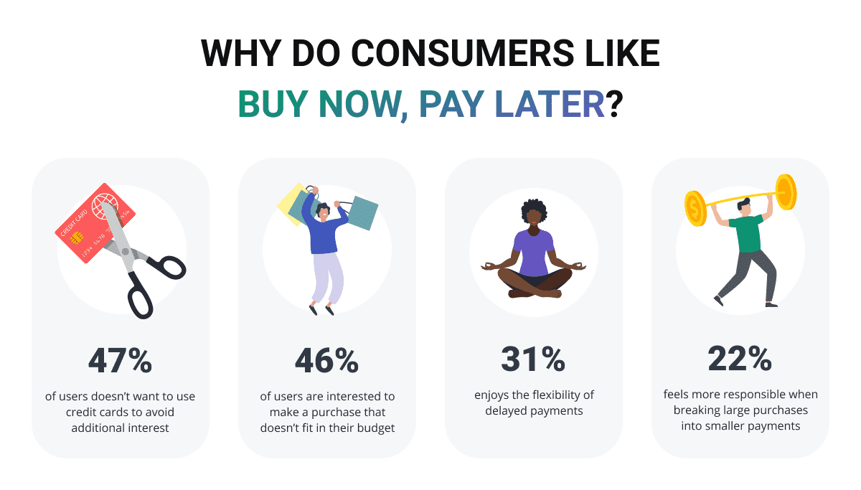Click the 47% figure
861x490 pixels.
point(121,361)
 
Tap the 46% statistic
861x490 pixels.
point(326,361)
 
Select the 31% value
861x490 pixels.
point(533,359)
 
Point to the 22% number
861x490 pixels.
point(740,359)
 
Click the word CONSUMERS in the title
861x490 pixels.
point(463,53)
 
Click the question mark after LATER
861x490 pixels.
point(614,104)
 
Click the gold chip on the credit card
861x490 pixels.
point(77,238)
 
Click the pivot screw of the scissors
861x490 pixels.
point(126,252)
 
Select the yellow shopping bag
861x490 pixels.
point(291,204)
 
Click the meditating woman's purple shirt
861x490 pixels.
point(533,253)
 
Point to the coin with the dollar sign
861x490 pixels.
point(695,209)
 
